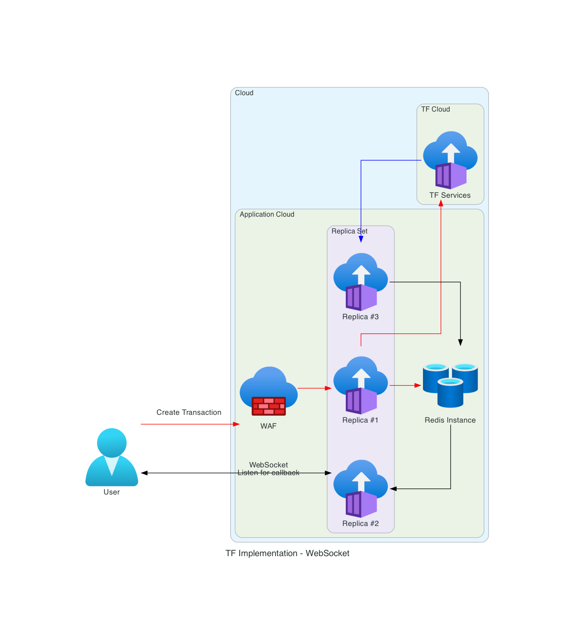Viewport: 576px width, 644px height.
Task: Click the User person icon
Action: pos(112,457)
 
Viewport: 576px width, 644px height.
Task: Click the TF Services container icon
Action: pos(450,160)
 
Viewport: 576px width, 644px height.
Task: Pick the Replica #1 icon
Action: pos(361,385)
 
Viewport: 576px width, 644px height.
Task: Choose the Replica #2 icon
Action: pos(361,488)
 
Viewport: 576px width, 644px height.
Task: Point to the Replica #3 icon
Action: pos(361,282)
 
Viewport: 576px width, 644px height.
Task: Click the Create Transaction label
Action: pos(189,412)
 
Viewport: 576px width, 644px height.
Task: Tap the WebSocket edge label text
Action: pos(268,464)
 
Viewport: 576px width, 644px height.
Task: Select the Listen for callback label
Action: pos(268,473)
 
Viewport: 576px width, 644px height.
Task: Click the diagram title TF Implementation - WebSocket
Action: pos(288,553)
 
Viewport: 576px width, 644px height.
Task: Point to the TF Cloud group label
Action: pos(435,109)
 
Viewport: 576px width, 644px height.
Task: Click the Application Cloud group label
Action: pos(267,215)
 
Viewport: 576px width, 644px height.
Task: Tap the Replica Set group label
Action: pos(349,231)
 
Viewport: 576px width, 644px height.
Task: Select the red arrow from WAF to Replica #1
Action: pos(314,388)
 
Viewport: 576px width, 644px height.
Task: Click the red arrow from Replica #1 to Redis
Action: pos(405,385)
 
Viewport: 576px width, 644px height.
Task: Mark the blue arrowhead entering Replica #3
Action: pos(361,240)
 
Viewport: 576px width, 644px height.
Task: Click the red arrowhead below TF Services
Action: pos(441,203)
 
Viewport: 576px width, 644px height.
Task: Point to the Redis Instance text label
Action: pos(450,420)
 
